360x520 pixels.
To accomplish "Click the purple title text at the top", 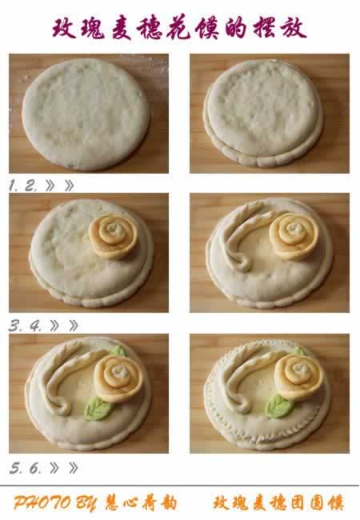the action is tap(179, 28).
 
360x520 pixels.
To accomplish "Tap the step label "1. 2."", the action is tap(23, 186).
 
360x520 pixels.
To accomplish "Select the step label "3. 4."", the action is tap(25, 326).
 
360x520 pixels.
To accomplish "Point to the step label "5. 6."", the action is tap(26, 468).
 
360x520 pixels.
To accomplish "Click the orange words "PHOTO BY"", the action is tap(55, 503).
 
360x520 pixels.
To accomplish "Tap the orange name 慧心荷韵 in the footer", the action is tap(141, 503).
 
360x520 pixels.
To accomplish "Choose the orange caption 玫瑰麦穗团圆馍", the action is tap(278, 502).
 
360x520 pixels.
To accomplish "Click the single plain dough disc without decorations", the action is tap(86, 114).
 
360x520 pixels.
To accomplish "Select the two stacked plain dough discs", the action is tap(263, 113).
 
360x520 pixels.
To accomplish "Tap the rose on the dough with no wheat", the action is tap(113, 236).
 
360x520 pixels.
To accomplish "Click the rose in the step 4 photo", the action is tap(294, 235).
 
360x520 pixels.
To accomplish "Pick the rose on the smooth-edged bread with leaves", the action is tap(118, 378).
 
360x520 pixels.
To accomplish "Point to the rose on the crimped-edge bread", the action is tap(299, 376).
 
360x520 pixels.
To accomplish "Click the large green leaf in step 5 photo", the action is tap(98, 409).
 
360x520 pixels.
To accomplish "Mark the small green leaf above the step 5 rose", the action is tap(118, 351).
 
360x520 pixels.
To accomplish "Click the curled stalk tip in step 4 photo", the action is tap(242, 263).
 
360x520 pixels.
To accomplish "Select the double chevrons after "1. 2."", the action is tap(60, 186).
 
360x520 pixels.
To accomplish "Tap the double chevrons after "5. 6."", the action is tap(64, 468).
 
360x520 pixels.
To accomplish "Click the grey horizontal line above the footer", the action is tap(179, 486).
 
